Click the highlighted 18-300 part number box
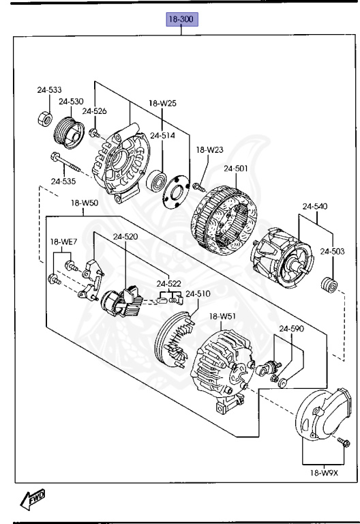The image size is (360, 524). pos(182,19)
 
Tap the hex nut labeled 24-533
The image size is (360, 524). pos(45,119)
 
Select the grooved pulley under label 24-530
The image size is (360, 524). pos(69,133)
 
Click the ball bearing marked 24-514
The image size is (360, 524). pos(156,180)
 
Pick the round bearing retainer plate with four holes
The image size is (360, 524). pos(177,192)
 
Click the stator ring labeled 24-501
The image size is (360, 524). pos(224,220)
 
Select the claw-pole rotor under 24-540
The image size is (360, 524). pos(282,257)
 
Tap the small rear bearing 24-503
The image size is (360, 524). pos(329,285)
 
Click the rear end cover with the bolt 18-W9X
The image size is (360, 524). pos(323,414)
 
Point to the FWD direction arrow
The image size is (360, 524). pos(33,498)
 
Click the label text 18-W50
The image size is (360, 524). pos(85,203)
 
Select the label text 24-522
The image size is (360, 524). pos(169,283)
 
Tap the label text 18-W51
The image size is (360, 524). pos(223,316)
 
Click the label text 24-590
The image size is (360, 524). pos(292,328)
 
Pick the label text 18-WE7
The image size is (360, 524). pos(63,242)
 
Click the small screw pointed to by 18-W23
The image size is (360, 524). pos(198,186)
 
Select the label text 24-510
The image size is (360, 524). pos(198,293)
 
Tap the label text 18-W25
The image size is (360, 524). pos(163,103)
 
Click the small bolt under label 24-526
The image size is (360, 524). pos(94,133)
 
